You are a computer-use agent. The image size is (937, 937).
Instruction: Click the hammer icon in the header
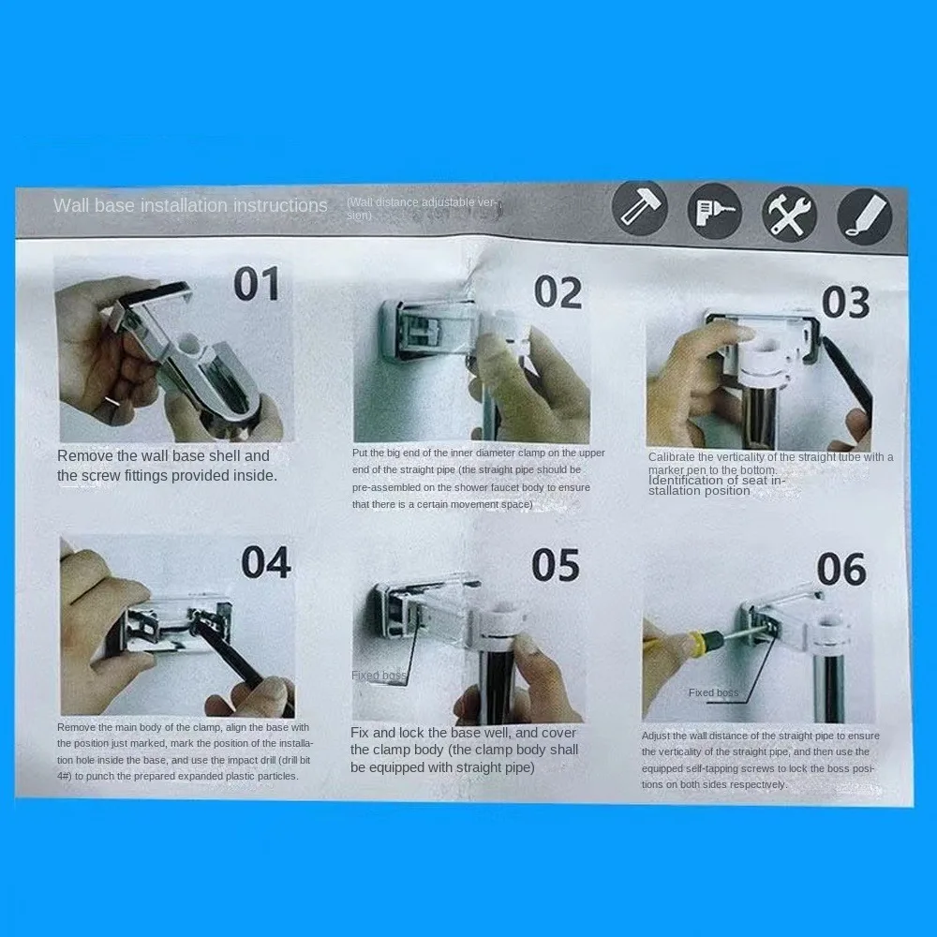tap(641, 210)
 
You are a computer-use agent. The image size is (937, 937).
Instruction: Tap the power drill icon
tap(714, 213)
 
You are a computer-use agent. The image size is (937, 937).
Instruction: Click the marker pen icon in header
tap(864, 216)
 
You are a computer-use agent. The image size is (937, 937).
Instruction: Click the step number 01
tap(256, 285)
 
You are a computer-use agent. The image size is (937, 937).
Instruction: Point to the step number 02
tap(558, 293)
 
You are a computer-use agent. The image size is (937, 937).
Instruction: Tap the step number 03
tap(845, 303)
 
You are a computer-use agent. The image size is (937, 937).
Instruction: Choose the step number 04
tap(266, 562)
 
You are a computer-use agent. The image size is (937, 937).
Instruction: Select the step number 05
tap(557, 566)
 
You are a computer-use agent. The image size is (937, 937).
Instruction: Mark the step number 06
tap(840, 570)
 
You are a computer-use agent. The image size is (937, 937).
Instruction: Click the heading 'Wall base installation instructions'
tap(190, 205)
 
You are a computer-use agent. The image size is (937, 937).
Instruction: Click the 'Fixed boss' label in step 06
tap(713, 693)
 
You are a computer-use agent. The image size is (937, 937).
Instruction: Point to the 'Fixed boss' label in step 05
tap(379, 676)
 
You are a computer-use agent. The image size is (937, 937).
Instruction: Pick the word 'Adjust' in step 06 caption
tap(656, 736)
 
